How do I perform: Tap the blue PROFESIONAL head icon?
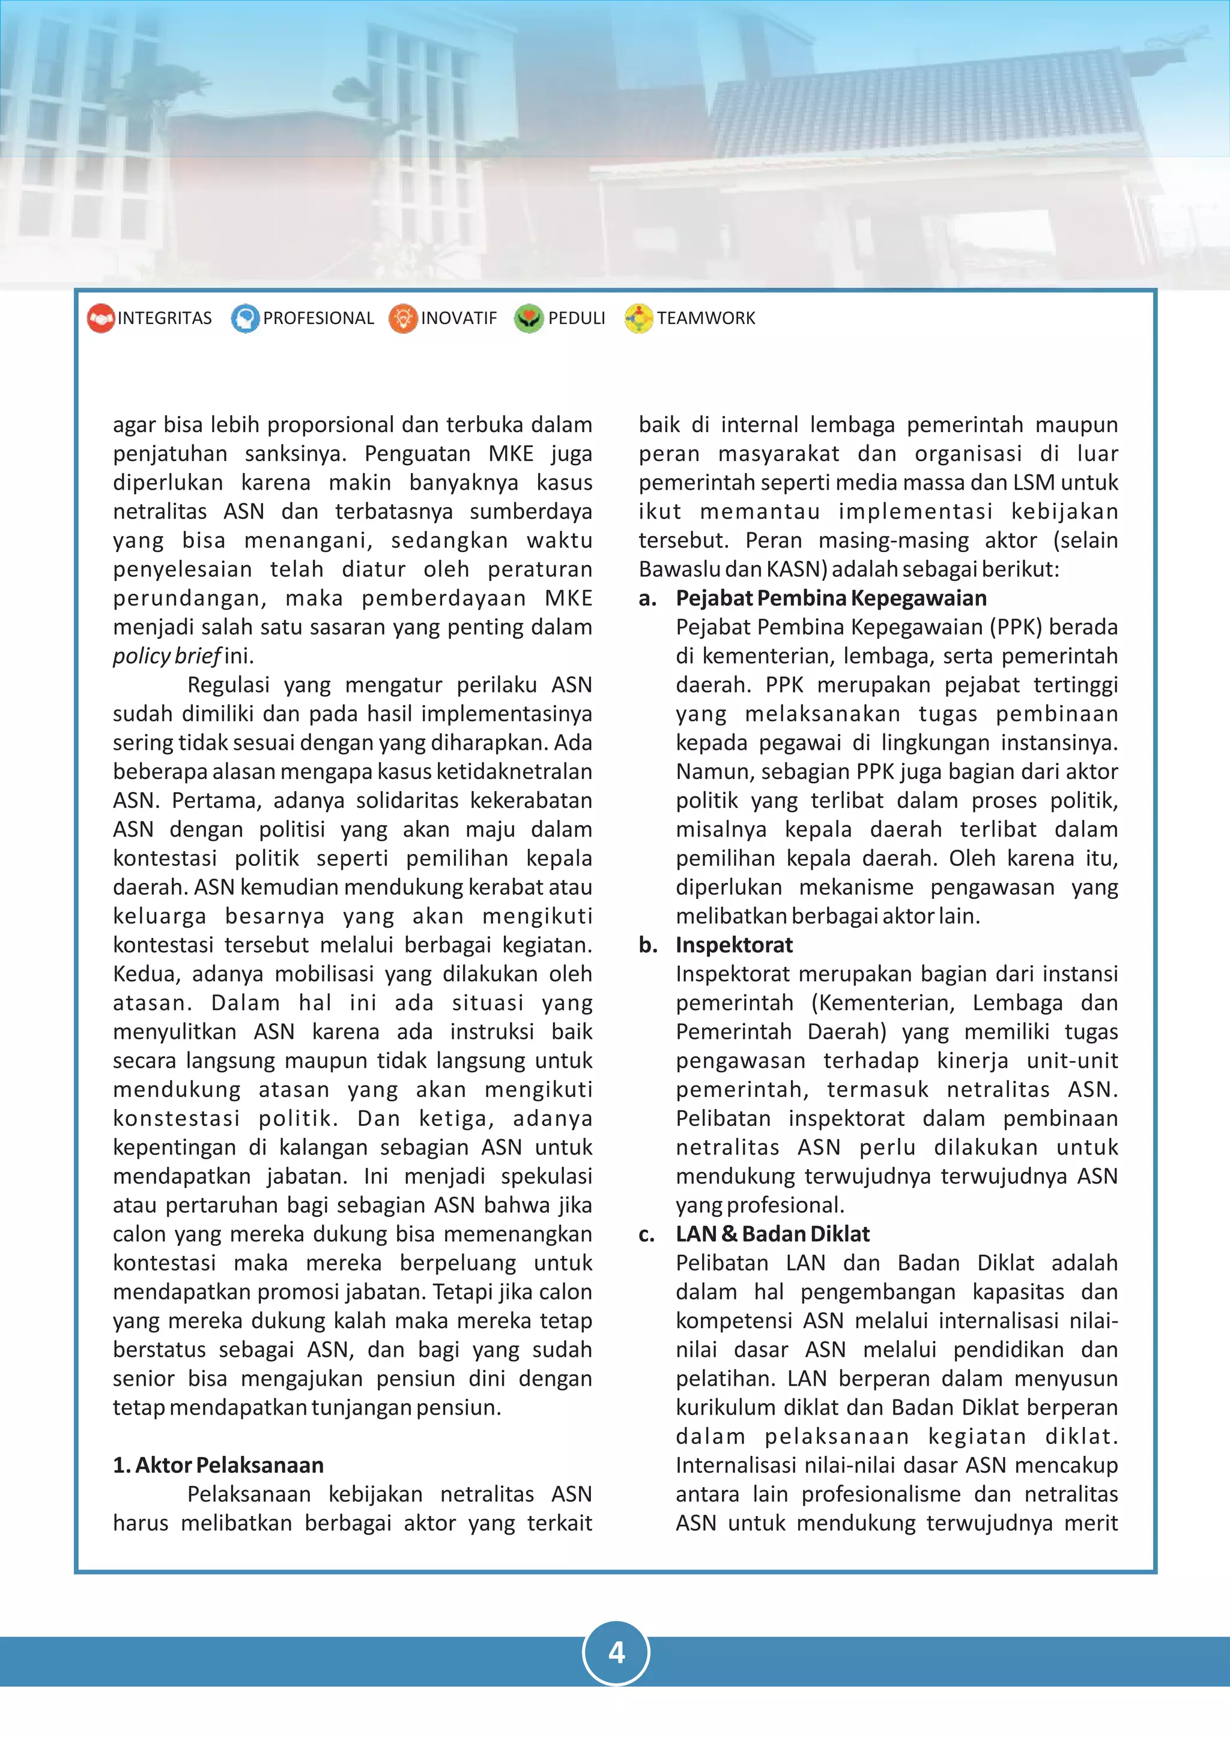[244, 318]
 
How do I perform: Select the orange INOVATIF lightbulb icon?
[403, 318]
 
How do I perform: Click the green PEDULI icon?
[529, 318]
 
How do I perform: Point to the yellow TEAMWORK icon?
[638, 318]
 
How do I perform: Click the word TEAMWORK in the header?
[705, 318]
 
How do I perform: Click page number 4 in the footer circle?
[616, 1652]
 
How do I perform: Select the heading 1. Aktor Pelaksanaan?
[218, 1465]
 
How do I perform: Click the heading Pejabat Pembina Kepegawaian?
[831, 598]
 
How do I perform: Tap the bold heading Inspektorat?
[734, 945]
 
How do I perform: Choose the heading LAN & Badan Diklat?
[772, 1234]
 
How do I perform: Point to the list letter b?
[647, 945]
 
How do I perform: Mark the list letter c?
[647, 1234]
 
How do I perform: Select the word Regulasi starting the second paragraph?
[228, 684]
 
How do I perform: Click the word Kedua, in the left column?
[146, 973]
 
